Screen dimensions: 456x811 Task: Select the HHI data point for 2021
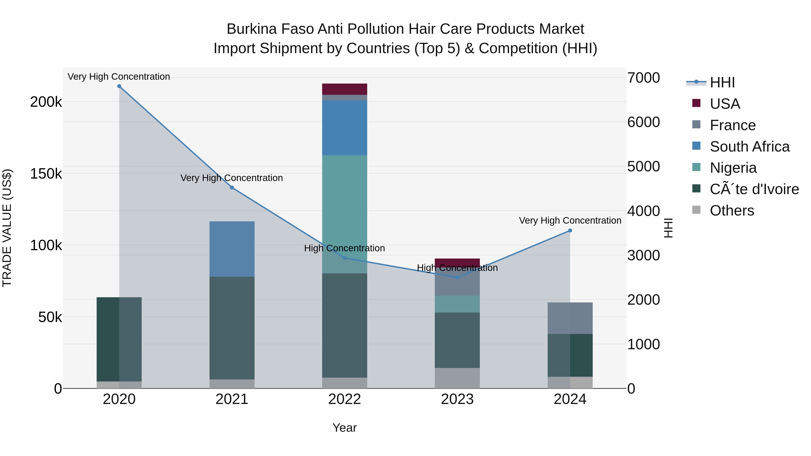[232, 188]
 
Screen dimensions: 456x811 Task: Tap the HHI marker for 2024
[570, 231]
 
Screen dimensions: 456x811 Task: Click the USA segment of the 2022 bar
[344, 89]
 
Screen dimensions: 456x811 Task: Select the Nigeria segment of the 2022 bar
[344, 214]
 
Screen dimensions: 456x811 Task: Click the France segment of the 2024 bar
[570, 318]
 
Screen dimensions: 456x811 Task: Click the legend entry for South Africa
[749, 147]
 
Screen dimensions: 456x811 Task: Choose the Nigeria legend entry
[733, 168]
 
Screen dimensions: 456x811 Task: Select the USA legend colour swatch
[696, 103]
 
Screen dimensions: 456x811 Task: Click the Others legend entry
[732, 211]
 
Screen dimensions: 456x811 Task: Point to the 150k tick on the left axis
[46, 174]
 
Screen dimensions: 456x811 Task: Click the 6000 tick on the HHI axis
[644, 122]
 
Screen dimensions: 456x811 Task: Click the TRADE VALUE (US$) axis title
[7, 228]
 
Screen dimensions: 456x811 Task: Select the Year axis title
[344, 428]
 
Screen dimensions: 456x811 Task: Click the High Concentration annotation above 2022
[344, 248]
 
